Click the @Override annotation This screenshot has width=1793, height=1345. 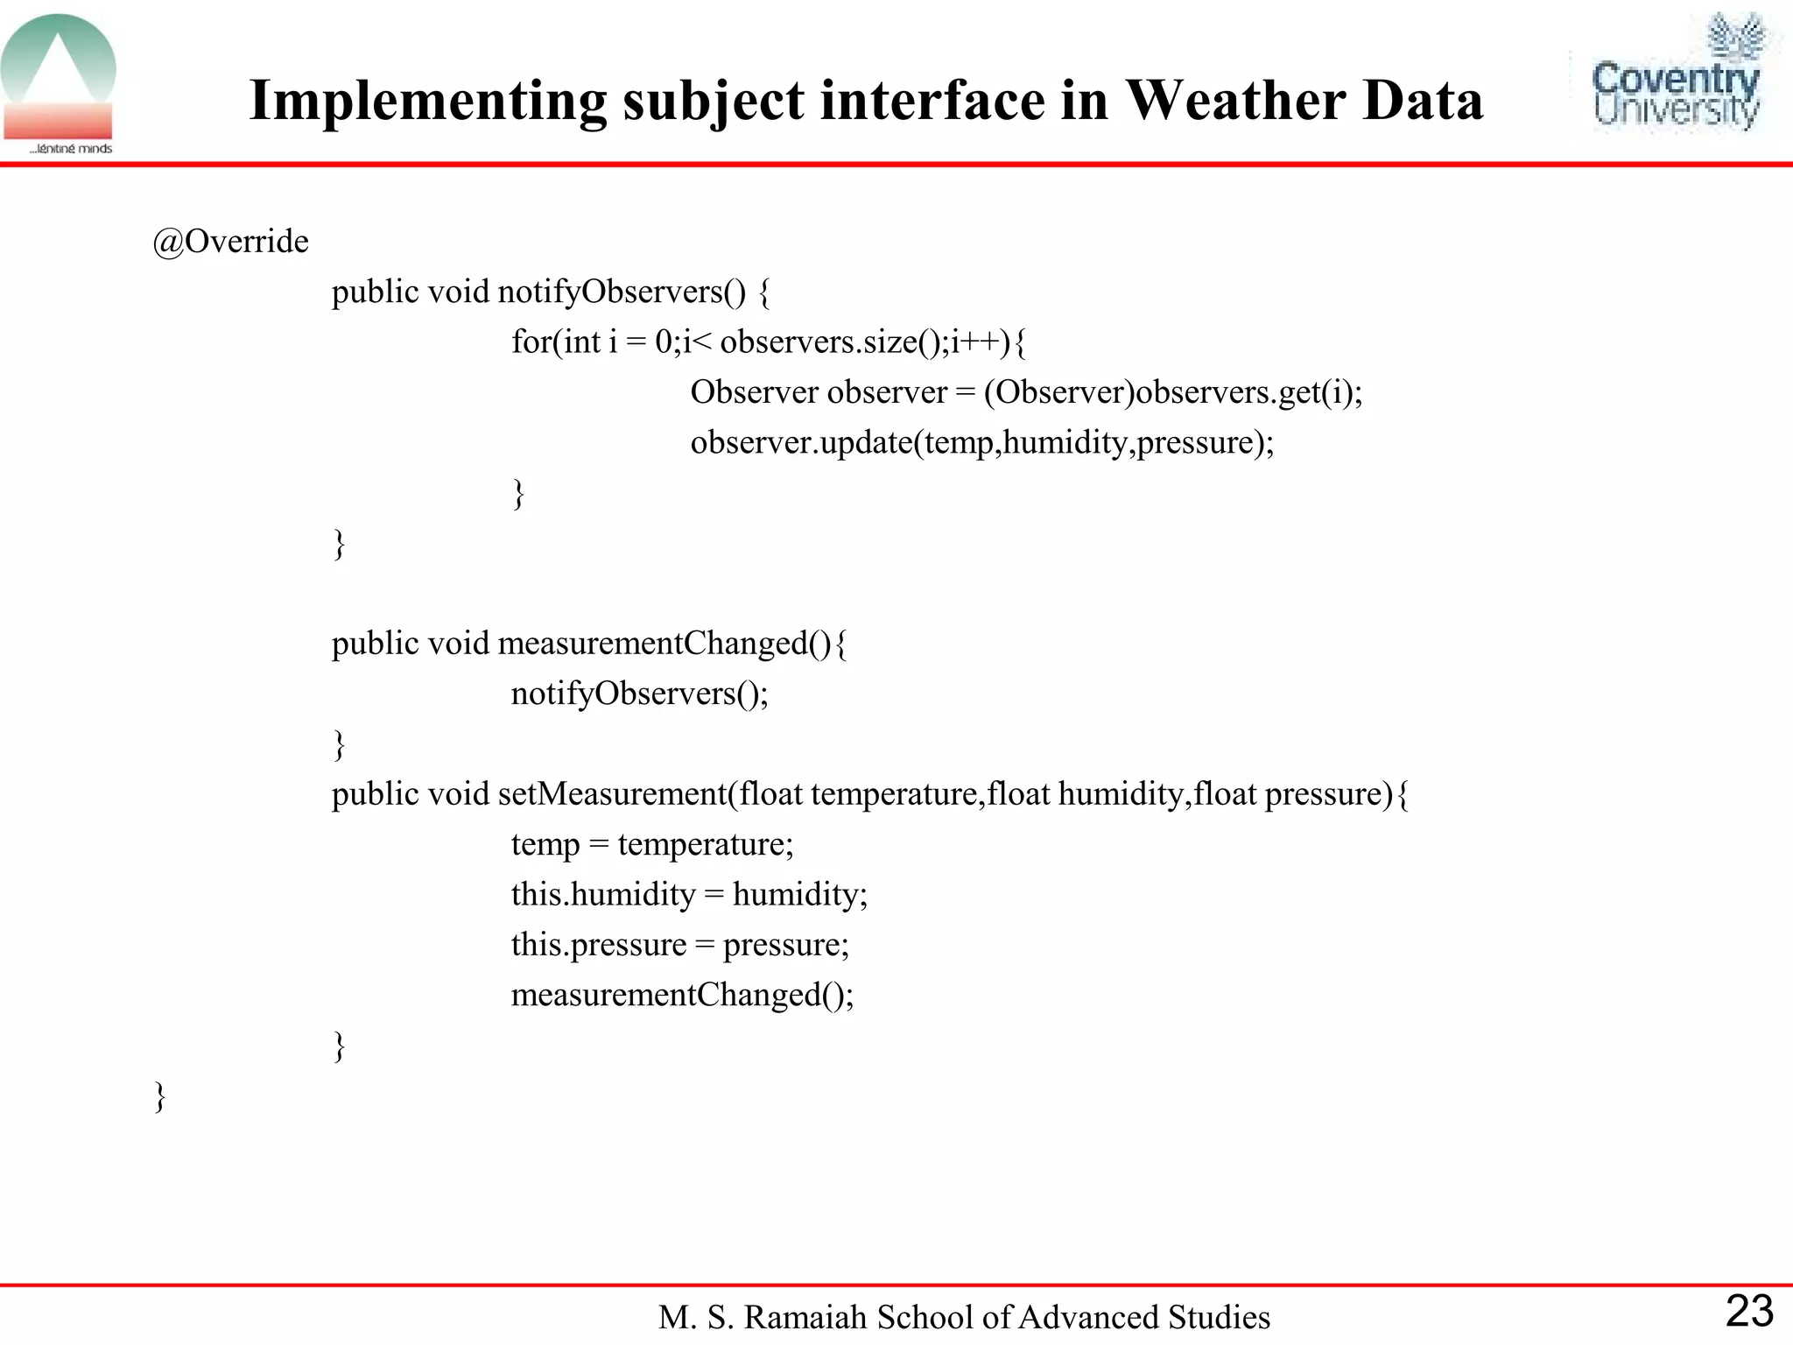coord(230,242)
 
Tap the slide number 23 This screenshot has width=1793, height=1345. coord(1748,1311)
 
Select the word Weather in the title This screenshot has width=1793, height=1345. coord(1235,100)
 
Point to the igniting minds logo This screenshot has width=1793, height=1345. coord(59,84)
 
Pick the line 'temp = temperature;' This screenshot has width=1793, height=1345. coord(652,844)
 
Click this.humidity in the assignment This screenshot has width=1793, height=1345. coord(603,895)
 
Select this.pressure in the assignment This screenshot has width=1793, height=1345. coord(599,945)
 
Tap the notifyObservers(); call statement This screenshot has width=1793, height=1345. coord(640,694)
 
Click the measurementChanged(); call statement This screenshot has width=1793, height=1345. coord(682,996)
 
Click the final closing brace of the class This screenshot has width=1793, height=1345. coord(160,1096)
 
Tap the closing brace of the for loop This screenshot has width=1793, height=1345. coord(518,494)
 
